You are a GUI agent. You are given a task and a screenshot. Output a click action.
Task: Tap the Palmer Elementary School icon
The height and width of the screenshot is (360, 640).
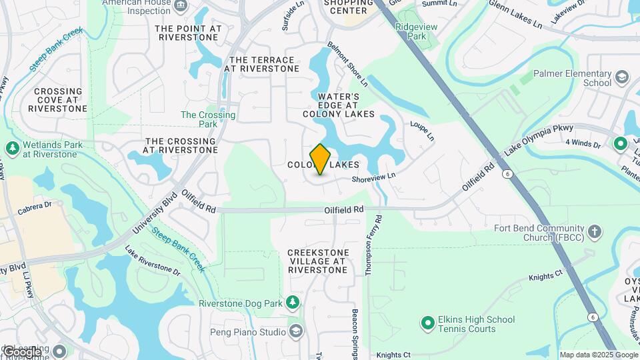(x=622, y=77)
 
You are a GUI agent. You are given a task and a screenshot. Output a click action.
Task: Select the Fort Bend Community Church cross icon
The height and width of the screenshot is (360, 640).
(x=594, y=233)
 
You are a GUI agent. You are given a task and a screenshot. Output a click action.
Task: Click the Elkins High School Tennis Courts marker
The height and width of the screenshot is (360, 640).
(x=427, y=323)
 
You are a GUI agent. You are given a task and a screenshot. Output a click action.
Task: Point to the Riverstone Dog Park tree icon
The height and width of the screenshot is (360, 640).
(x=292, y=303)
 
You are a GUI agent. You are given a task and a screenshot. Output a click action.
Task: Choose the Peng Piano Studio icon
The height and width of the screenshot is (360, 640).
(x=295, y=331)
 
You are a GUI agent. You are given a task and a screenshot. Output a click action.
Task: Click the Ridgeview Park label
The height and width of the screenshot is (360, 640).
(x=411, y=31)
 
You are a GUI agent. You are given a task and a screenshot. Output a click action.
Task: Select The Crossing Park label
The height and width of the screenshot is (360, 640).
(x=208, y=119)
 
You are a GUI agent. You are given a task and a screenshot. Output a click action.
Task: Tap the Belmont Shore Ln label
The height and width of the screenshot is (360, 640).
(x=347, y=65)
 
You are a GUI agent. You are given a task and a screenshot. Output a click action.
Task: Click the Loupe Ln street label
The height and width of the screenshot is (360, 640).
(x=422, y=131)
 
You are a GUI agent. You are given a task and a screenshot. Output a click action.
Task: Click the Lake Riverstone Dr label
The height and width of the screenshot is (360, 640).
(x=153, y=261)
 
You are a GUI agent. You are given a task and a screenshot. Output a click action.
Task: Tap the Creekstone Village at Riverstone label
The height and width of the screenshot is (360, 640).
(x=317, y=261)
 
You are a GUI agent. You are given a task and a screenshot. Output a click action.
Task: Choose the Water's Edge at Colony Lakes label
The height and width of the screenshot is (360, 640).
(x=339, y=105)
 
